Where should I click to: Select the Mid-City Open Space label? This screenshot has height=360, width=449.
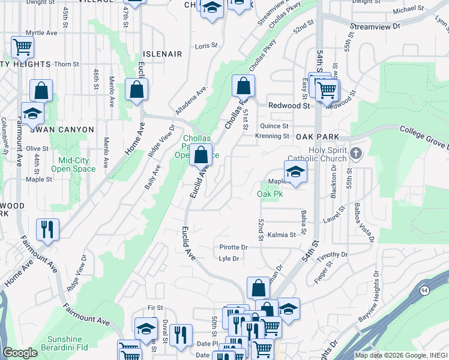pos(77,164)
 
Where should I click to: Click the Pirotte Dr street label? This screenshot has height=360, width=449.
pos(234,247)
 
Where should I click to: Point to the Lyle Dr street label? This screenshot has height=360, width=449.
pos(229,259)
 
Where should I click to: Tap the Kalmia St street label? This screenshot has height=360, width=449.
pos(282,235)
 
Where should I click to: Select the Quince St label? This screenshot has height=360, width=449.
pos(274,126)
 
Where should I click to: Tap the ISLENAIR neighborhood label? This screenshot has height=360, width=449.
pos(162,54)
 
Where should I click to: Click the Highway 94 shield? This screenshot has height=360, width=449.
pos(425,291)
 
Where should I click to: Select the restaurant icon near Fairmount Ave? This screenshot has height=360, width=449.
pos(47,229)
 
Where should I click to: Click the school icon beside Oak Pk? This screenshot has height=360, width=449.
pos(295,172)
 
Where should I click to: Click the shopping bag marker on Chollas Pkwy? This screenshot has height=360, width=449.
pos(243,86)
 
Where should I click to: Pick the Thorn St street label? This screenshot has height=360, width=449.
pos(67,64)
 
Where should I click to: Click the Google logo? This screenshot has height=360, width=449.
pos(20,353)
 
